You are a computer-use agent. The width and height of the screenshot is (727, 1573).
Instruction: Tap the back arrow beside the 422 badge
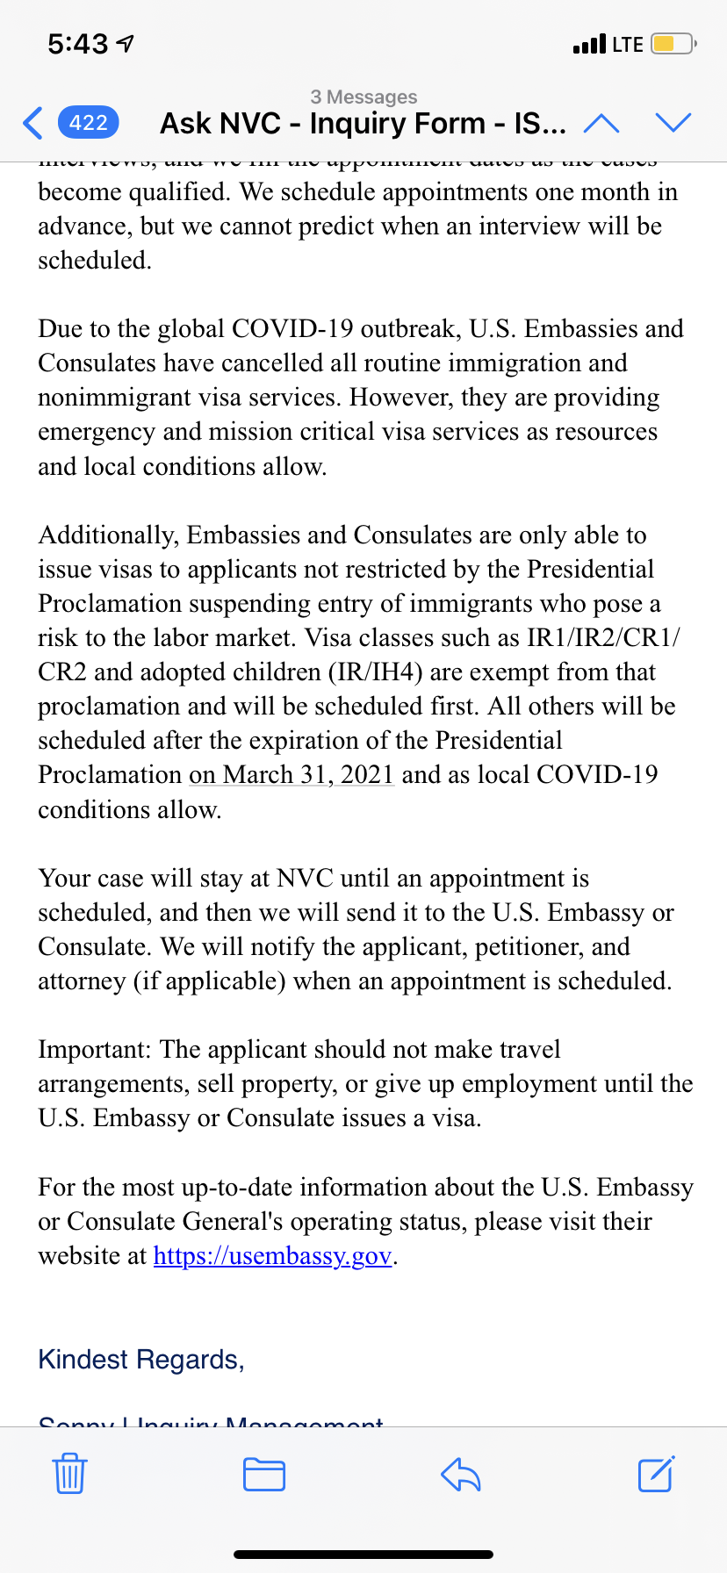tap(33, 123)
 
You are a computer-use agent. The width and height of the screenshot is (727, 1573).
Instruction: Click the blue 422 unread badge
tap(88, 123)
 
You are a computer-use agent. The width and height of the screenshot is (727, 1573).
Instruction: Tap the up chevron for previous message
tap(601, 124)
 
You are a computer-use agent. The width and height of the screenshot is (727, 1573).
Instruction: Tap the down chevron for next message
tap(673, 123)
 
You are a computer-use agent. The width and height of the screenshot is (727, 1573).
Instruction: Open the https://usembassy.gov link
tap(272, 1256)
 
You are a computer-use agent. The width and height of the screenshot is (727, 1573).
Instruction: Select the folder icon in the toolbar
tap(263, 1474)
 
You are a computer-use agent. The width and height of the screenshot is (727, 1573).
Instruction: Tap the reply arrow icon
tap(461, 1474)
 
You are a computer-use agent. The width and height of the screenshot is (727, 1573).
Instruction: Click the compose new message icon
tap(656, 1474)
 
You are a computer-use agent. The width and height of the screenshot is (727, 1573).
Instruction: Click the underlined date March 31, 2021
tap(308, 775)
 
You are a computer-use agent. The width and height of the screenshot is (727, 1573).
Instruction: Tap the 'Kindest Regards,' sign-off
tap(141, 1360)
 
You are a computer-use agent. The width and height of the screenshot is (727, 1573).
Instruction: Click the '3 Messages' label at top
tap(363, 97)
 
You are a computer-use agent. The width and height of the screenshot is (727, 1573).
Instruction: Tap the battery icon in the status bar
tap(673, 44)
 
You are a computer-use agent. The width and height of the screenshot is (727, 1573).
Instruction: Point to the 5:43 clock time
tap(78, 44)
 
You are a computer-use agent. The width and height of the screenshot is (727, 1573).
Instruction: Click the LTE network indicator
tap(628, 44)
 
